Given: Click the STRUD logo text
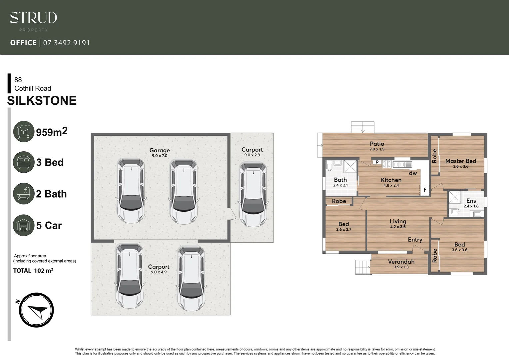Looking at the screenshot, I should pos(33,18).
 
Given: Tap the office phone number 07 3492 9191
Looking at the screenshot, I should pos(67,43).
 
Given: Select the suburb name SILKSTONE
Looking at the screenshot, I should pos(42,100).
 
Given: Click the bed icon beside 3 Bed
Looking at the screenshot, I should pos(24,162).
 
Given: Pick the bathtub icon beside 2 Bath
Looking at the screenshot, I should pos(24,194).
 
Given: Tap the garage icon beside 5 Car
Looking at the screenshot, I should pos(24,225).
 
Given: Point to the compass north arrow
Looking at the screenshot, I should pos(36,310).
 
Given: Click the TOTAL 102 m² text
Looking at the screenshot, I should pos(33,271).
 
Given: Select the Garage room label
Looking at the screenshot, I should pos(160,150).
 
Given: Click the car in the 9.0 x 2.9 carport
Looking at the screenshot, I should pos(253,194).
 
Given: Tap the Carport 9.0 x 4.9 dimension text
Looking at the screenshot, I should pos(159,272).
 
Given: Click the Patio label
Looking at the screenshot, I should pos(377,144).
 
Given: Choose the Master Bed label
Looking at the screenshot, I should pos(461,161).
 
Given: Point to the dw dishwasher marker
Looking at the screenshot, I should pos(413,173).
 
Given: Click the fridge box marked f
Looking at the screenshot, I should pos(425,190).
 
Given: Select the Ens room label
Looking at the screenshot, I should pos(471,200).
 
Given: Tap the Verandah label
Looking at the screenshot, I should pos(401,262).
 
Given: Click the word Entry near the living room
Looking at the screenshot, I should pos(415,240).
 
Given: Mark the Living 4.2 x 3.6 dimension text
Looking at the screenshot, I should pos(398,227).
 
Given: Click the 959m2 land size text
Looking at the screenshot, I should pos(52,132).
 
